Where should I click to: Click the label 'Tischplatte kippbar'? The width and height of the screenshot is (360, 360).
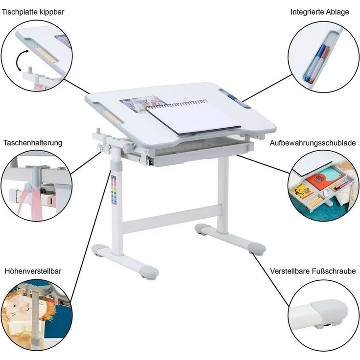pyautogui.click(x=33, y=12)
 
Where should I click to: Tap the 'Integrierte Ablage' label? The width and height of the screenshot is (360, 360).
pyautogui.click(x=319, y=12)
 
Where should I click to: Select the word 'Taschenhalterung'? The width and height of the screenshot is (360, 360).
pyautogui.click(x=33, y=143)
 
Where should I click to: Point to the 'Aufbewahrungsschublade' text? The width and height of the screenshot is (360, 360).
pyautogui.click(x=313, y=143)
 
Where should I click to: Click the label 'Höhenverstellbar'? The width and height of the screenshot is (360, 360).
pyautogui.click(x=33, y=271)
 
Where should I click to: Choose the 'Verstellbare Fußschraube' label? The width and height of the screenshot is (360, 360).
pyautogui.click(x=313, y=271)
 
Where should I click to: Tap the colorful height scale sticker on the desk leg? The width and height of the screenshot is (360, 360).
pyautogui.click(x=113, y=190)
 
